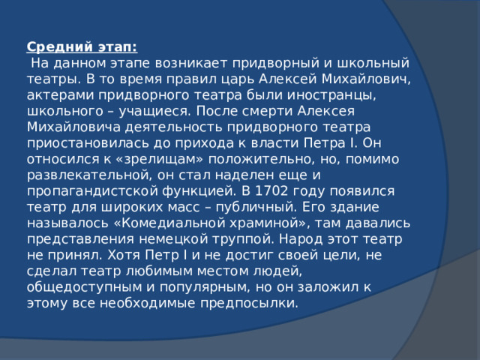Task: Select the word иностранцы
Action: pyautogui.click(x=330, y=95)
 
